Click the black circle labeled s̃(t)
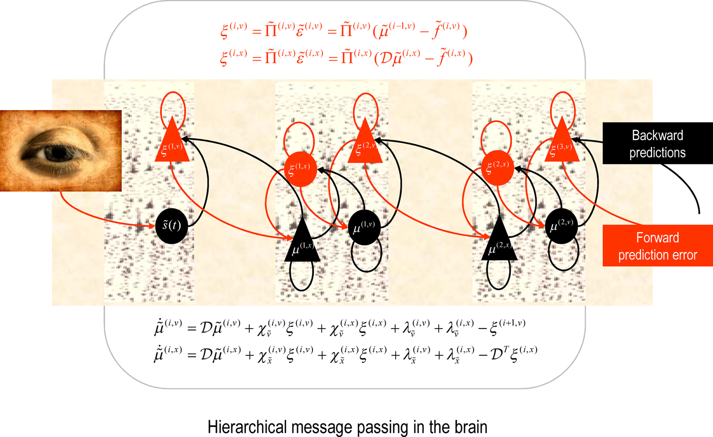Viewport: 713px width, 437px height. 172,226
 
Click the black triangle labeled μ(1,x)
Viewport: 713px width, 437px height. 302,244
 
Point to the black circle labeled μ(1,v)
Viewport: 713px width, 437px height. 364,227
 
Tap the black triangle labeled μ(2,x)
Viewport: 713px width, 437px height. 499,242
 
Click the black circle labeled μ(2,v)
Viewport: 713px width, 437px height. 561,226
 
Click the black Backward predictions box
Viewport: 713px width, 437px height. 658,143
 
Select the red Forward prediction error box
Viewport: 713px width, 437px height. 658,246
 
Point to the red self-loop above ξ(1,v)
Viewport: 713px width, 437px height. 173,92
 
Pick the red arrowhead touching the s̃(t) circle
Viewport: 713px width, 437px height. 152,226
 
